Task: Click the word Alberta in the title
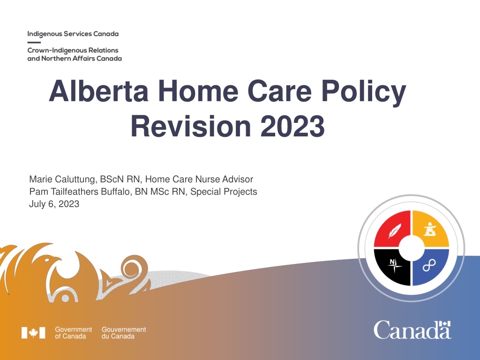pos(98,91)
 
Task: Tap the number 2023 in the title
pos(292,126)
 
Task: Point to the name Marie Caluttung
pos(62,180)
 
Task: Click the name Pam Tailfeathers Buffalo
pos(79,192)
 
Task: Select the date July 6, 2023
pos(54,204)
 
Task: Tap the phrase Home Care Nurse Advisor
pos(199,179)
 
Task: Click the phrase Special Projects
pos(224,192)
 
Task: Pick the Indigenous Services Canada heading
pos(73,34)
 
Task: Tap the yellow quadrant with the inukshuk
pos(430,228)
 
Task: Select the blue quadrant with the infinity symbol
pos(430,267)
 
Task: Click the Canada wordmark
pos(412,330)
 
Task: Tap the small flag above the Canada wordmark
pos(445,324)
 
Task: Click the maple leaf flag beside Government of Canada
pos(33,333)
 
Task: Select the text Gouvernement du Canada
pos(124,333)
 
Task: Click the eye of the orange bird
pos(47,260)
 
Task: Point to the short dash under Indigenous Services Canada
pos(34,42)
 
